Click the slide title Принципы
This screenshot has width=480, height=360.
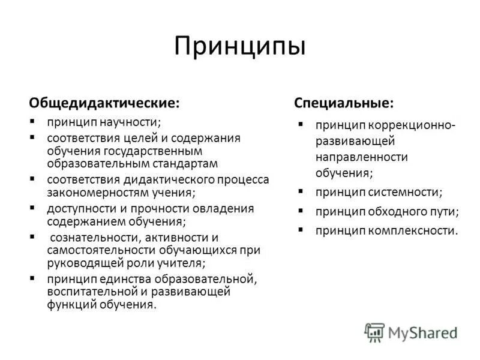[240, 46]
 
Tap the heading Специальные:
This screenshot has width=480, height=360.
[344, 103]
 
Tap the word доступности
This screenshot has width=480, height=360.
[78, 209]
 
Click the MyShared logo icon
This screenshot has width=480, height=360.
[374, 332]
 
